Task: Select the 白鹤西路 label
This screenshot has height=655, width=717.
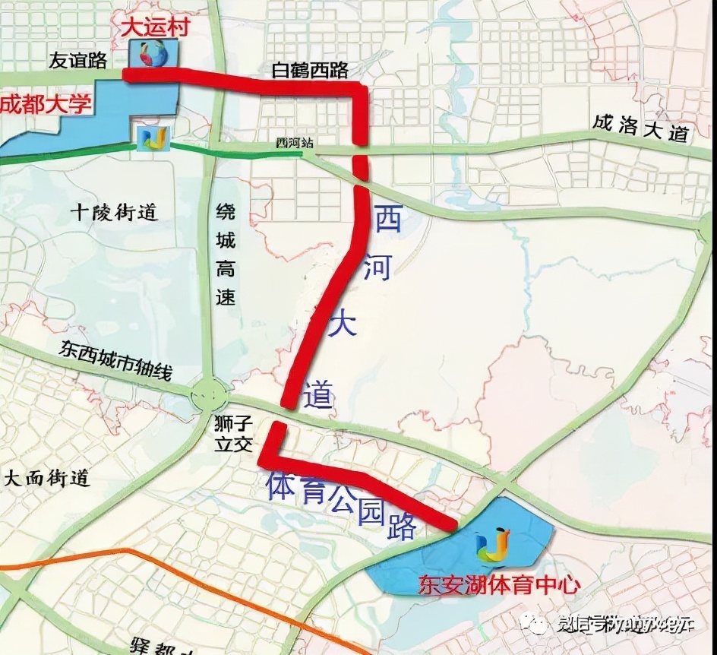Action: coord(310,70)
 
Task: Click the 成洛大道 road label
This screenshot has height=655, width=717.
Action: coord(641,128)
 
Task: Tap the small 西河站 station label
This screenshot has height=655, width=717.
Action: coord(295,143)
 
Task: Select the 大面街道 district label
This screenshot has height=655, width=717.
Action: coord(47,478)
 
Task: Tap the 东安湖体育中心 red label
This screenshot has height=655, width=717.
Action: coord(499,585)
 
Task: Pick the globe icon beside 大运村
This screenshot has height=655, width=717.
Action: coord(153,54)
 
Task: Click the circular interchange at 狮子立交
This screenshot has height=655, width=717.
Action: coord(209,394)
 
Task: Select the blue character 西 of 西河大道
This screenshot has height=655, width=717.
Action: coord(388,220)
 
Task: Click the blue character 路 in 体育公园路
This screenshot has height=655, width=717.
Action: coord(400,526)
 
